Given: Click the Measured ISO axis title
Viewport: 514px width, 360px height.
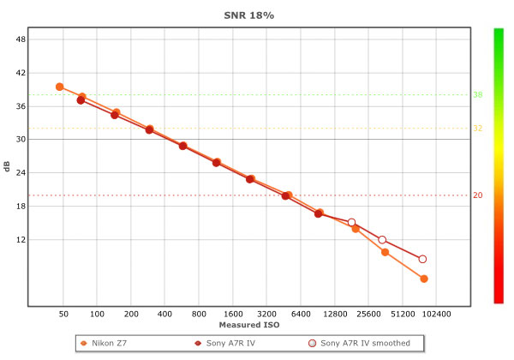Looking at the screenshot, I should [x=248, y=326].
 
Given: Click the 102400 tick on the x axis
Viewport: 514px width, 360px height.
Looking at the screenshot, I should [x=436, y=315].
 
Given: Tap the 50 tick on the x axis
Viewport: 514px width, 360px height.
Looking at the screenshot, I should [x=63, y=315].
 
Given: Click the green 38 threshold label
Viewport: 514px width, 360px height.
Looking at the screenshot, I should [x=478, y=95].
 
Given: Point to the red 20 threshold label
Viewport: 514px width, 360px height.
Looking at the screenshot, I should [x=478, y=195].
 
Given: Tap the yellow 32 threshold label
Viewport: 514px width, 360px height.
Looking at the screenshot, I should [x=478, y=129].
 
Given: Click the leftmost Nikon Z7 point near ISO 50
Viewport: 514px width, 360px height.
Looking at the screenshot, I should [x=59, y=87].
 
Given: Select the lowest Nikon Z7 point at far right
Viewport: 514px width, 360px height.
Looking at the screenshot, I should [x=423, y=279].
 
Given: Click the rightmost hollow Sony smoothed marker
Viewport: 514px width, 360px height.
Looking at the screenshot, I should [x=422, y=259].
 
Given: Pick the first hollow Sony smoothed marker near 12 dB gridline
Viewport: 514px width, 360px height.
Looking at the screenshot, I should [x=351, y=223].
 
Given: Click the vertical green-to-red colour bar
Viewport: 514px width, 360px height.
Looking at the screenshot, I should [x=497, y=165].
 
